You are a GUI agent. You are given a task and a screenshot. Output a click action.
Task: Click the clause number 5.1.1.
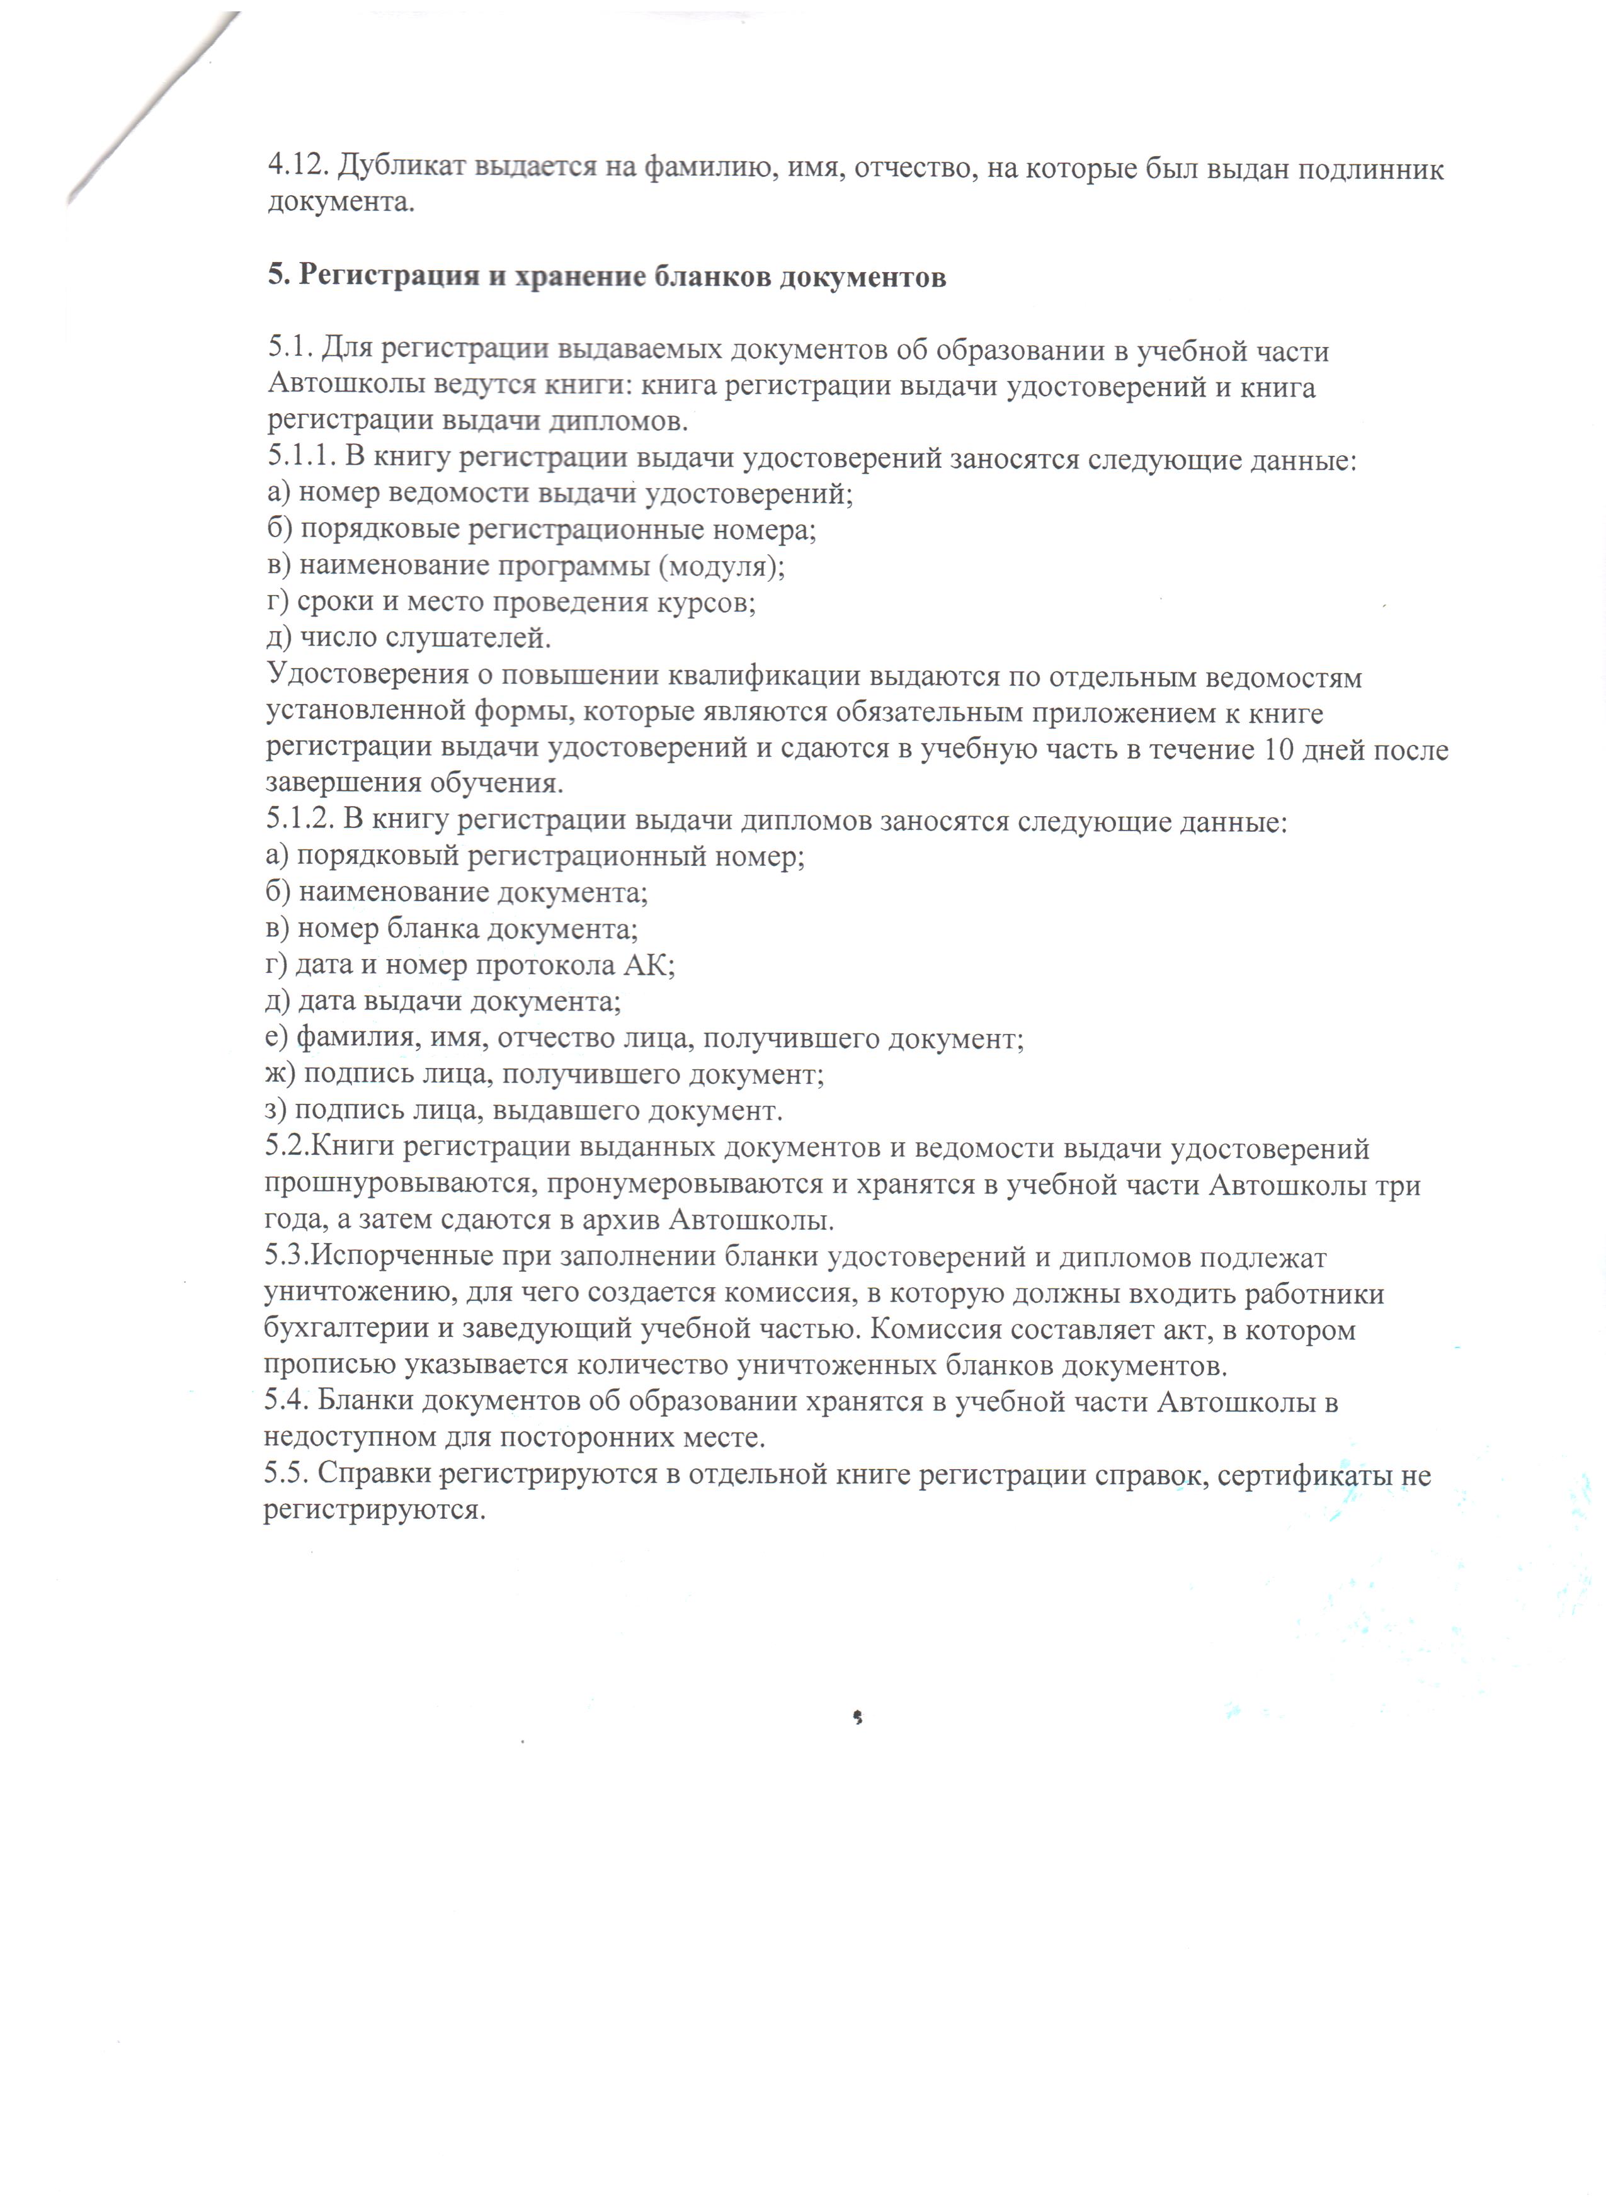(301, 458)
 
